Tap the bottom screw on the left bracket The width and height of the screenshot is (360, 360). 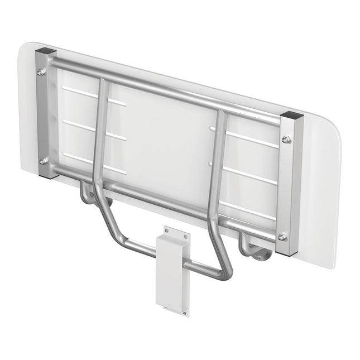point(44,160)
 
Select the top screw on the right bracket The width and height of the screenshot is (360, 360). point(286,140)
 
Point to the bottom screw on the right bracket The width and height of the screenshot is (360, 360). point(282,237)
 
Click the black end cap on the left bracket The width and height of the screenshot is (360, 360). point(46,51)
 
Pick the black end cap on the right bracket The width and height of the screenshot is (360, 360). point(292,117)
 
